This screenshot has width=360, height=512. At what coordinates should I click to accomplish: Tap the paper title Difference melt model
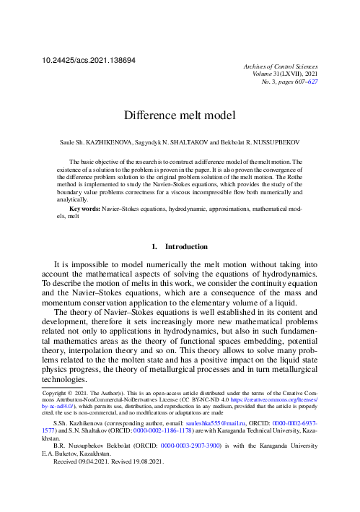click(180, 115)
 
